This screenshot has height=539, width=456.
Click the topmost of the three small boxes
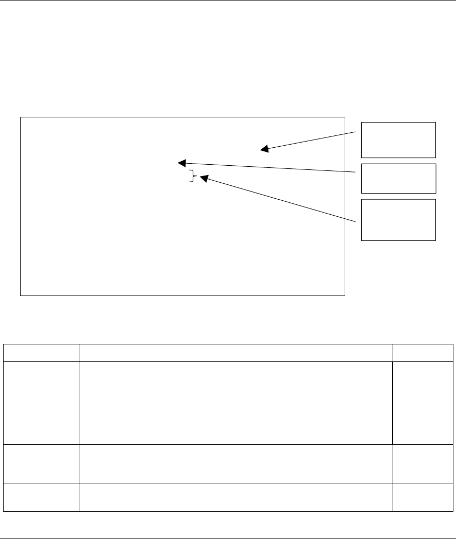[398, 140]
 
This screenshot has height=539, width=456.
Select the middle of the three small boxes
[398, 179]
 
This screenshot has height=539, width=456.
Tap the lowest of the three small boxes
[398, 220]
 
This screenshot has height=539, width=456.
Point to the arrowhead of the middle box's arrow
[181, 163]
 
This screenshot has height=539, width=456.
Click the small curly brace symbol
[193, 177]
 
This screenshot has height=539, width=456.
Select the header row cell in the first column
[41, 353]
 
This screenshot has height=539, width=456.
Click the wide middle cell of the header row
[235, 353]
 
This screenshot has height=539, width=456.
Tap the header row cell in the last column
[423, 353]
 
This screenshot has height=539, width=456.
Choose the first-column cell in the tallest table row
[41, 403]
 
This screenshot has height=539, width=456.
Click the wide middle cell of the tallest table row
[235, 403]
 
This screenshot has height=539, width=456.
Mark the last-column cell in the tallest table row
[423, 403]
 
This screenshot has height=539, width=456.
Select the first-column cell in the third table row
[41, 463]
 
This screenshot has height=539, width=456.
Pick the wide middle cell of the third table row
[235, 463]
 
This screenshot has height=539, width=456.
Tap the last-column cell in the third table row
[423, 463]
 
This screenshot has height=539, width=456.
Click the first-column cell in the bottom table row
[41, 497]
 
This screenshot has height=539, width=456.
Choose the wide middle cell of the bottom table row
[235, 497]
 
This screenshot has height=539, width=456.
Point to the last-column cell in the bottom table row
[423, 497]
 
